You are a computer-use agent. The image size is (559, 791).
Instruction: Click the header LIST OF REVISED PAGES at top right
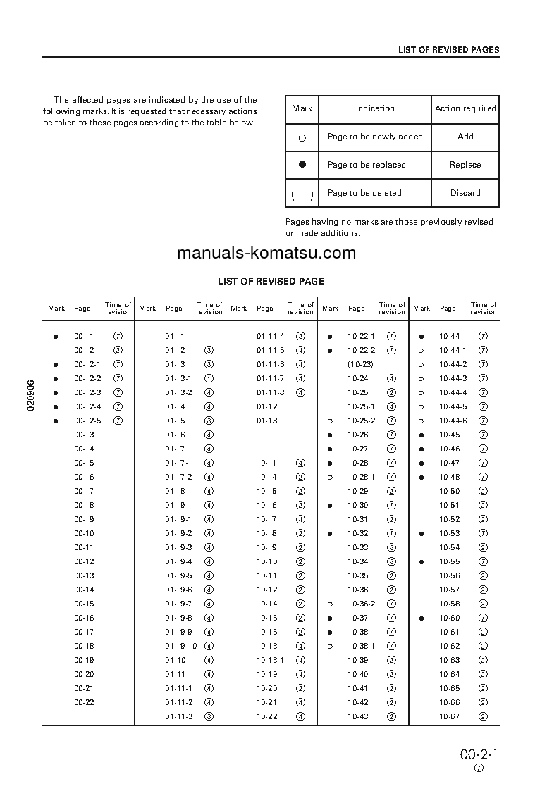click(x=448, y=50)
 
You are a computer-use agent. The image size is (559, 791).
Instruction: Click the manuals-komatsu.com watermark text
click(x=266, y=253)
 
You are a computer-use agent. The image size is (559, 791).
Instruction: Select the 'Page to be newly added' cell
click(x=375, y=137)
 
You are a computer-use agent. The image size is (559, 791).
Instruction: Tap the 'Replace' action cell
click(x=465, y=165)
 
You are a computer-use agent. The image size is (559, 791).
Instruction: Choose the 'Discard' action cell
click(x=465, y=193)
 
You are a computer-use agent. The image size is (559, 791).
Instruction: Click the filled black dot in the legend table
click(x=302, y=164)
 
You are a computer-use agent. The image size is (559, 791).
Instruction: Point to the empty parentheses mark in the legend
click(x=302, y=194)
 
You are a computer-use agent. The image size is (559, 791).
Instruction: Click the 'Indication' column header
click(x=375, y=108)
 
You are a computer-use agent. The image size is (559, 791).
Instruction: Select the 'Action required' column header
click(x=465, y=108)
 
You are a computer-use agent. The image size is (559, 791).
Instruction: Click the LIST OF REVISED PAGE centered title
click(x=271, y=281)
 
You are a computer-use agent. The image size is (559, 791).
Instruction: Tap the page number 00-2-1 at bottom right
click(x=479, y=754)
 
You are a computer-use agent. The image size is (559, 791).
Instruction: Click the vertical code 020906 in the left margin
click(x=32, y=398)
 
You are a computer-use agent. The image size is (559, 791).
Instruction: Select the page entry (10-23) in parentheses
click(x=360, y=364)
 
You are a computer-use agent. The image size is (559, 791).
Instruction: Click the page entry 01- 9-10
click(x=181, y=646)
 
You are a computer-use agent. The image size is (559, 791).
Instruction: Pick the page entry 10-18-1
click(x=270, y=660)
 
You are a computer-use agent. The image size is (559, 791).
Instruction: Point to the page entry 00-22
click(x=84, y=702)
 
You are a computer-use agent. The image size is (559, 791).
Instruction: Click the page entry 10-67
click(x=449, y=716)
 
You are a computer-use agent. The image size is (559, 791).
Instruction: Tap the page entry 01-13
click(x=267, y=421)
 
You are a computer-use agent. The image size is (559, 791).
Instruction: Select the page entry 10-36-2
click(x=361, y=604)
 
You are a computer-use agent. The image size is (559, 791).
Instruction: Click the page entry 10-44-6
click(x=453, y=421)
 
